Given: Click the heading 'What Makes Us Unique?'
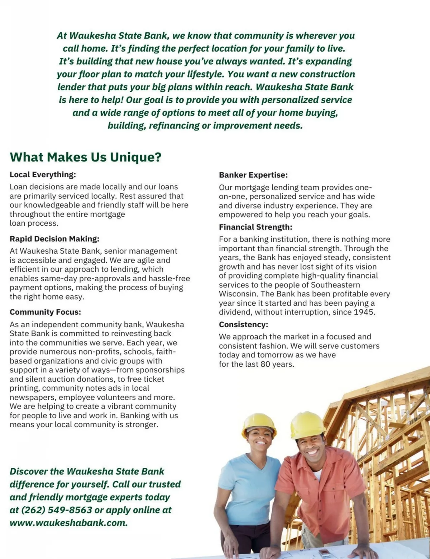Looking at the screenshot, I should click(86, 157).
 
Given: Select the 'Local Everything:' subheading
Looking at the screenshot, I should click(43, 175).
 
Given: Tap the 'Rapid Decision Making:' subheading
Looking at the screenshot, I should click(54, 239).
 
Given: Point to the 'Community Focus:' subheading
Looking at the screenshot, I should click(45, 312).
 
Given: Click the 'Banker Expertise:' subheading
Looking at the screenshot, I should click(253, 175).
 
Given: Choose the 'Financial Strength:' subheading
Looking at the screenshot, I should click(255, 227).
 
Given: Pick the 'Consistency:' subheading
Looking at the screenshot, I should click(243, 325).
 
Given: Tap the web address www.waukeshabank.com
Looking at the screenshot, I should click(68, 523).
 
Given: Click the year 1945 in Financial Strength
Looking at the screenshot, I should click(364, 312).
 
